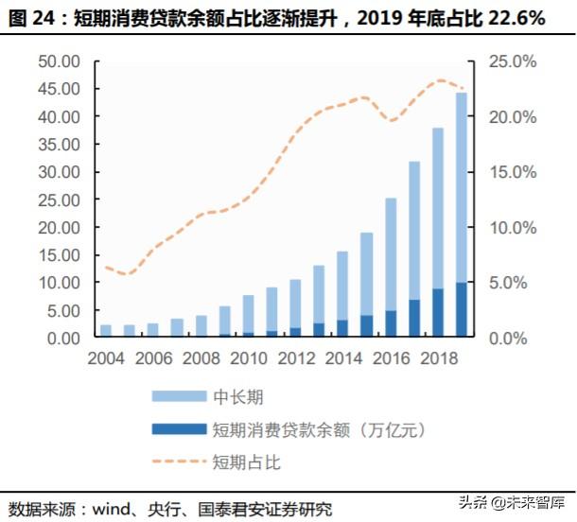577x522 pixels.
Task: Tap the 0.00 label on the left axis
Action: click(64, 338)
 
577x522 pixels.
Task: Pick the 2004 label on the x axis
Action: click(106, 360)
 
